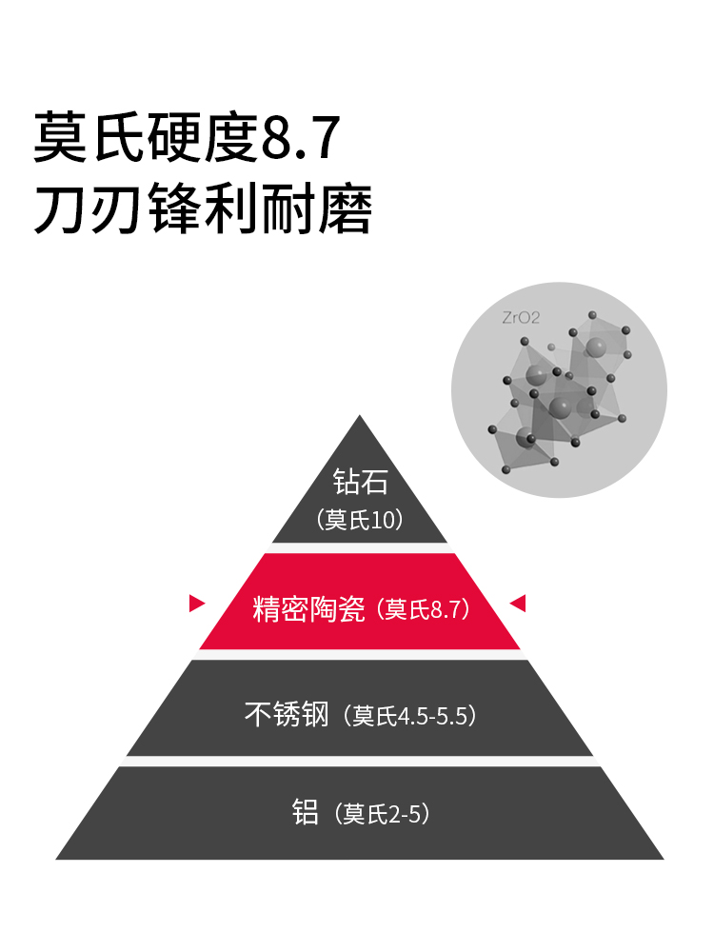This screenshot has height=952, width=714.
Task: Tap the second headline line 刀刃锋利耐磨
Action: click(202, 210)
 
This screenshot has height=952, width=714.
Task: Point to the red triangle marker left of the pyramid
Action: click(197, 603)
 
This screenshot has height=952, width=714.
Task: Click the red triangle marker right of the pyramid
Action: click(518, 603)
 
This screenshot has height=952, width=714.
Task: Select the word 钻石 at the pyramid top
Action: click(361, 482)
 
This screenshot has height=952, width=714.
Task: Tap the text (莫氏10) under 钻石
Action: click(361, 520)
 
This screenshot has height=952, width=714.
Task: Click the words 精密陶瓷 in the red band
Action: click(308, 608)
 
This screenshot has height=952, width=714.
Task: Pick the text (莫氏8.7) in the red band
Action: click(425, 609)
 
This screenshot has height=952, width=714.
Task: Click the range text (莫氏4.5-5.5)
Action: click(409, 715)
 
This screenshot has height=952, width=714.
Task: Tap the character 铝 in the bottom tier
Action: click(305, 813)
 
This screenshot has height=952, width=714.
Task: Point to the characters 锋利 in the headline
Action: click(203, 210)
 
